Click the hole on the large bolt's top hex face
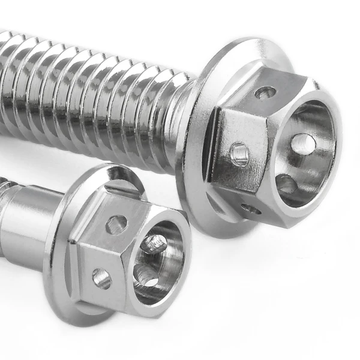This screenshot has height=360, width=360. [265, 92]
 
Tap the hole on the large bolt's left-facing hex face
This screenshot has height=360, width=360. [239, 154]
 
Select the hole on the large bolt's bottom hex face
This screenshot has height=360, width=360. [251, 209]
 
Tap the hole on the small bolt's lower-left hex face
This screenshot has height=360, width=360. [101, 277]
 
